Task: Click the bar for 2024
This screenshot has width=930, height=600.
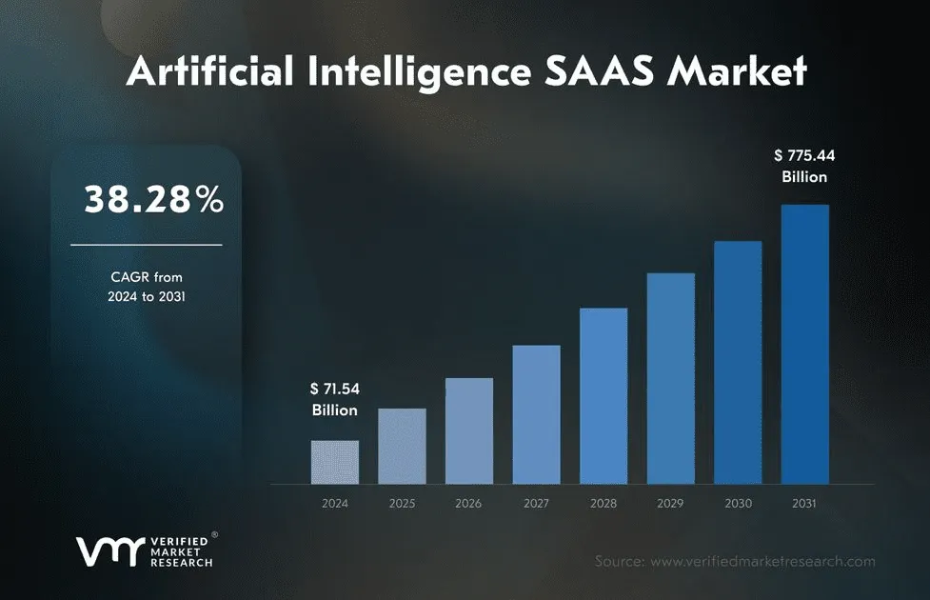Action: (x=335, y=462)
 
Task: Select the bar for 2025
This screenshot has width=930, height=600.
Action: (x=402, y=446)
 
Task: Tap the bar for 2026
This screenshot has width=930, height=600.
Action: (x=469, y=430)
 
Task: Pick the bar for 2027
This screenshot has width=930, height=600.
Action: (x=536, y=414)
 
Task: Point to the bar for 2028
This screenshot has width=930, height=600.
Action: (x=604, y=395)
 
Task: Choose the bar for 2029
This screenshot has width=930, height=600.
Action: (x=670, y=378)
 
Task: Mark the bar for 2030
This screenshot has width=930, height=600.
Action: (x=738, y=362)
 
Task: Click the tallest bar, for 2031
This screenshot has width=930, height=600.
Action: (x=804, y=344)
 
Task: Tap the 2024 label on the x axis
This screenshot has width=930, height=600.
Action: (x=335, y=503)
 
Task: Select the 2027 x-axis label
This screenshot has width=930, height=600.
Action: (x=536, y=503)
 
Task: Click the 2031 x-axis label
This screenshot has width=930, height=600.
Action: (x=804, y=503)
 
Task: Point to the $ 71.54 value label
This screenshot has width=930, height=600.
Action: (x=335, y=389)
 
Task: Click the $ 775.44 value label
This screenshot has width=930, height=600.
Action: (x=804, y=154)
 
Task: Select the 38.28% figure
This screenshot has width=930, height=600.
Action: (x=153, y=200)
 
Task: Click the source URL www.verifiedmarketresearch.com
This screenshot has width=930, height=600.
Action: (x=762, y=562)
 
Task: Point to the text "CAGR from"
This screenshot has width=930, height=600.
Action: (x=147, y=277)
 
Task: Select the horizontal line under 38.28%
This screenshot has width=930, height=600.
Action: (x=146, y=245)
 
